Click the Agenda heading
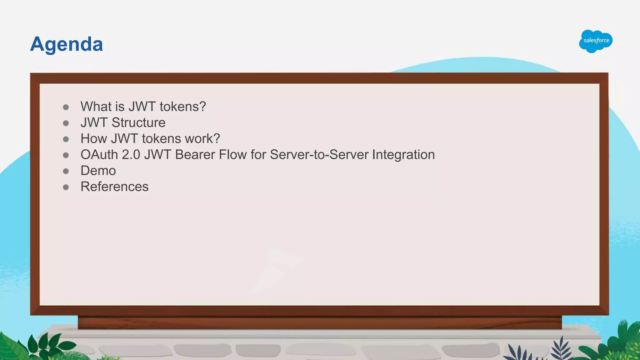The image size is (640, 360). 66,44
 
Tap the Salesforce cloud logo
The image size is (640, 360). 596,41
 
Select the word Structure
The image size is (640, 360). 138,122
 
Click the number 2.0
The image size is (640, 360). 131,155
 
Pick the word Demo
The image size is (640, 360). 98,171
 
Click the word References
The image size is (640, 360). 114,187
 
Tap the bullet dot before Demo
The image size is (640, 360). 66,171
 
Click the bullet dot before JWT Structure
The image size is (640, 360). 66,123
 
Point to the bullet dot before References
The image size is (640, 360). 66,187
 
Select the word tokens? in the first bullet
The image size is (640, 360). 183,107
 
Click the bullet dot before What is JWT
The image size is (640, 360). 66,107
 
